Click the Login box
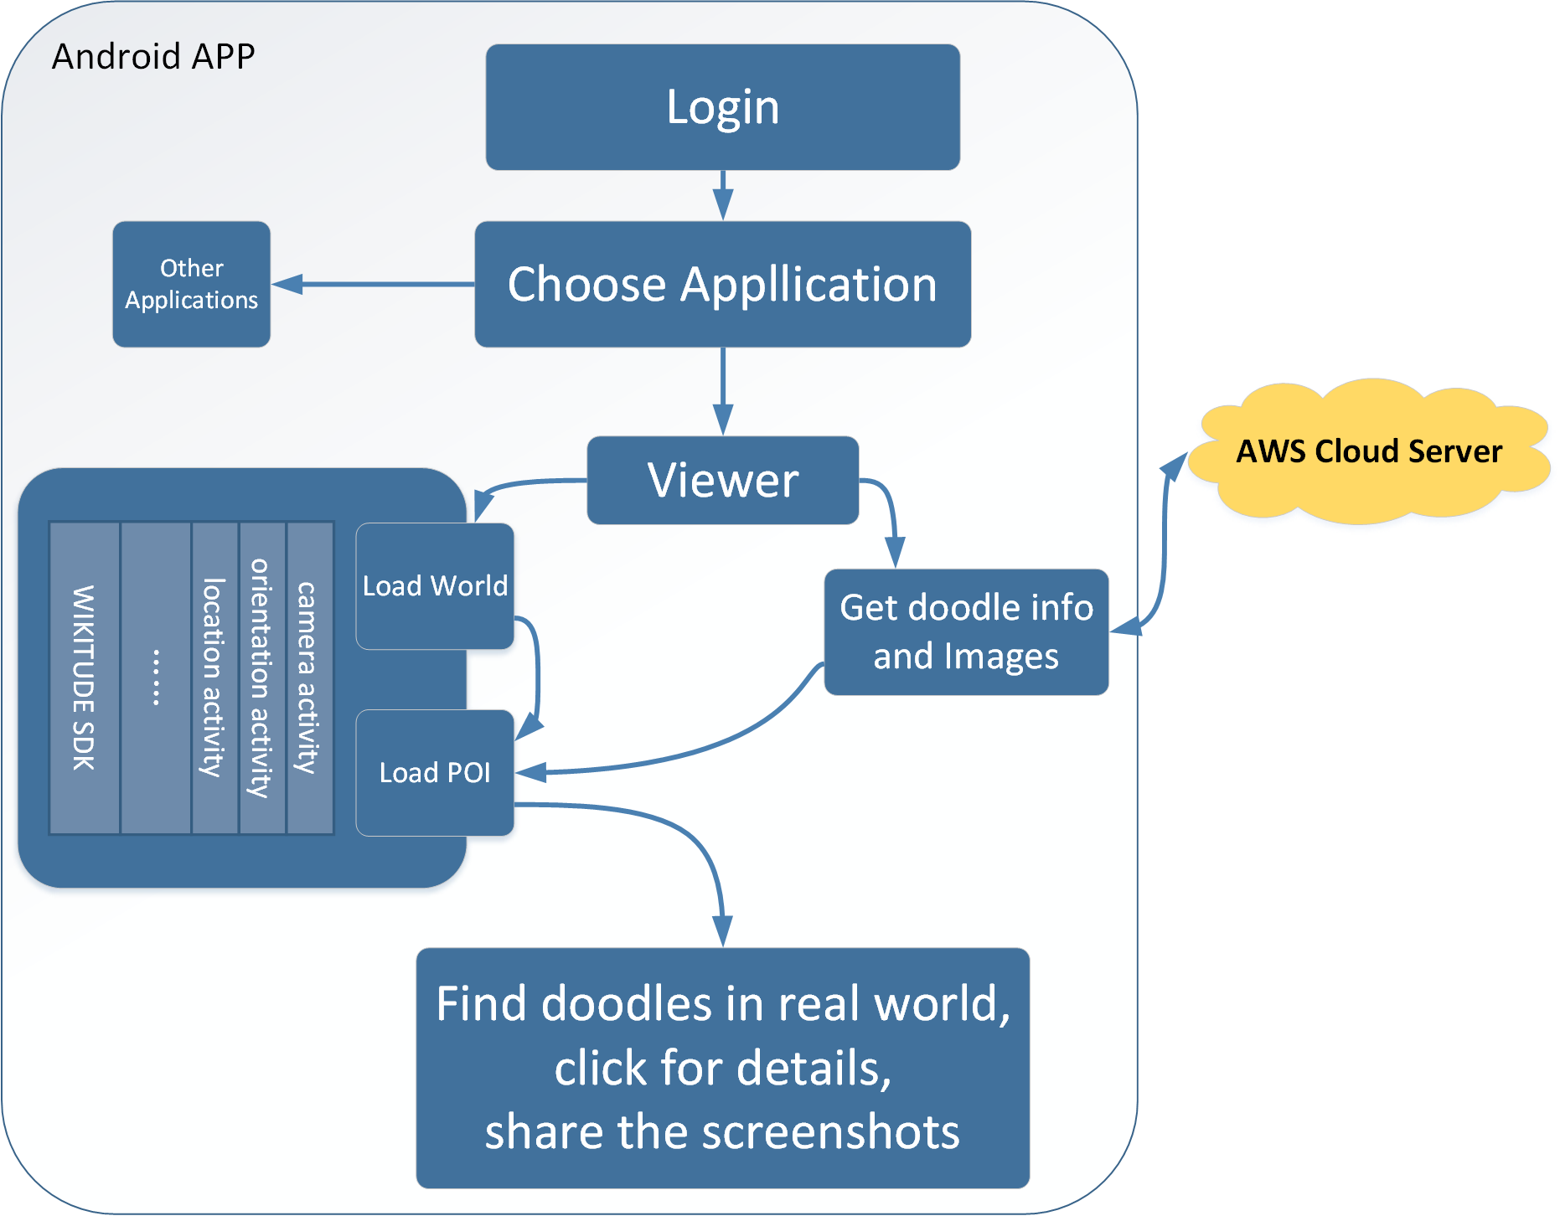[x=722, y=107]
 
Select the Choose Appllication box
[x=722, y=284]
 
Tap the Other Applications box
[x=191, y=284]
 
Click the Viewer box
[x=722, y=480]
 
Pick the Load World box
[x=434, y=586]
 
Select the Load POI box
[x=434, y=772]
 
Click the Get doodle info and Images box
[x=965, y=632]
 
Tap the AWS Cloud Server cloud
[x=1369, y=451]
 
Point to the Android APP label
[x=153, y=57]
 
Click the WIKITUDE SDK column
[x=84, y=678]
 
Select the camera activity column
[x=309, y=678]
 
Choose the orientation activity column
[x=262, y=678]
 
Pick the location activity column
[x=214, y=678]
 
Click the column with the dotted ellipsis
[x=156, y=678]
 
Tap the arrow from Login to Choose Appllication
[x=722, y=195]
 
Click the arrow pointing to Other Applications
[x=372, y=285]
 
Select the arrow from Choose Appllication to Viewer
[x=722, y=390]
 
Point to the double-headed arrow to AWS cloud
[x=1164, y=544]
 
